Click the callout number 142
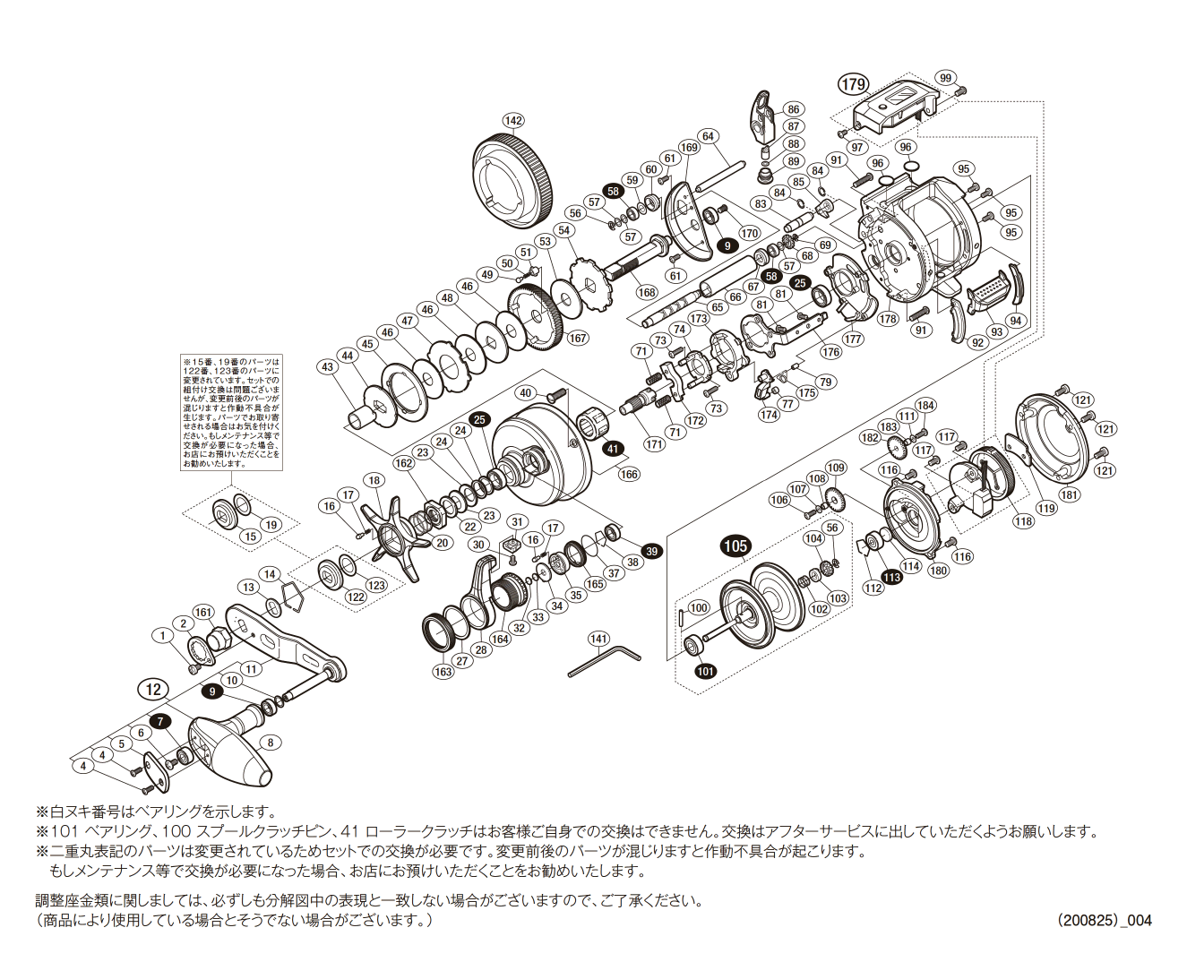(512, 121)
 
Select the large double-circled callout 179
(853, 84)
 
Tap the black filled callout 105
(735, 545)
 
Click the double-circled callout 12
(153, 689)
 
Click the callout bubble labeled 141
(598, 639)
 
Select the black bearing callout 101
(706, 671)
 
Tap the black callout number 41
(612, 449)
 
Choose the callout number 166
(629, 474)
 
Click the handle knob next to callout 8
(228, 748)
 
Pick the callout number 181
(1070, 494)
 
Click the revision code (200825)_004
(1104, 920)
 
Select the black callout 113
(891, 578)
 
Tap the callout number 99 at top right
(945, 79)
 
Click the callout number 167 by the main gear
(578, 338)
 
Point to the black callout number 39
(651, 552)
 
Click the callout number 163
(443, 671)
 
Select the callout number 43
(327, 366)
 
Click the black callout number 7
(160, 721)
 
